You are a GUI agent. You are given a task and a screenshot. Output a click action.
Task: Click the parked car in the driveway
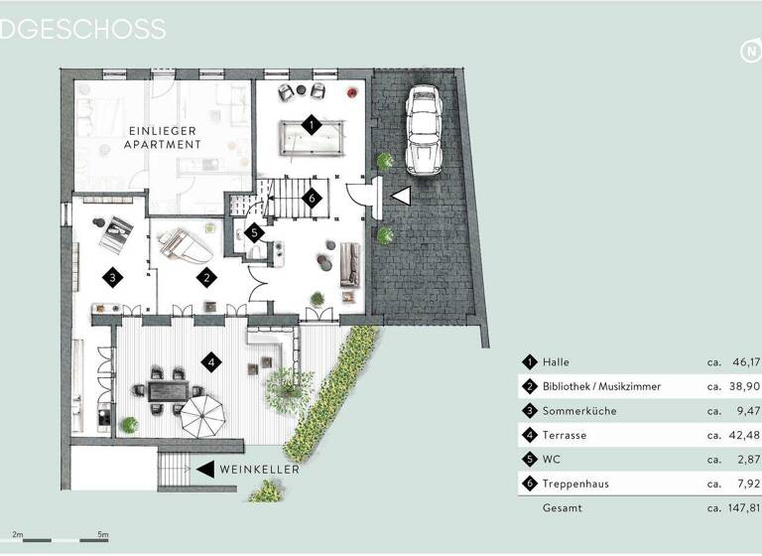tap(425, 129)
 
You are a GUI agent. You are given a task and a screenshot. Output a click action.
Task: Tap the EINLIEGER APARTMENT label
tap(163, 138)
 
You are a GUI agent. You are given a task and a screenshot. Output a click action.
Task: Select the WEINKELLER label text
tap(260, 469)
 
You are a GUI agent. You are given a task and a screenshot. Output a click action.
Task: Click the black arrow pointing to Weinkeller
tap(205, 469)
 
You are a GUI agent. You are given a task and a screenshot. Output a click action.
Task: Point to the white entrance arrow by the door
tap(401, 197)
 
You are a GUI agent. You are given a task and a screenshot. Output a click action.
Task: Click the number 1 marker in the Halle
tap(312, 126)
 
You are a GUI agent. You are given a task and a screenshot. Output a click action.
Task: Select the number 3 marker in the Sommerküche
tap(114, 278)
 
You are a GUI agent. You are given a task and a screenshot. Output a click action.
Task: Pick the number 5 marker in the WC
tap(254, 233)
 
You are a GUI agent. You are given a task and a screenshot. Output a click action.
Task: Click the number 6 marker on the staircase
tap(312, 198)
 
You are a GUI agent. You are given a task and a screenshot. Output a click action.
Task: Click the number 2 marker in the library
tap(205, 278)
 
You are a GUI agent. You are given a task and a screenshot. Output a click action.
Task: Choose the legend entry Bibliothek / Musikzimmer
tap(602, 386)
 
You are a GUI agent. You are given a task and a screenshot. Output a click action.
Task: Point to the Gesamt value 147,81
tap(742, 508)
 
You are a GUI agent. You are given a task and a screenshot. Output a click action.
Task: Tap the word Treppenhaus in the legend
tap(575, 484)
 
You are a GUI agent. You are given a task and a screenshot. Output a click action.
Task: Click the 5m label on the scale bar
tap(103, 534)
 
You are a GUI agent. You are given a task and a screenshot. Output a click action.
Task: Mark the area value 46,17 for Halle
tap(745, 362)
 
